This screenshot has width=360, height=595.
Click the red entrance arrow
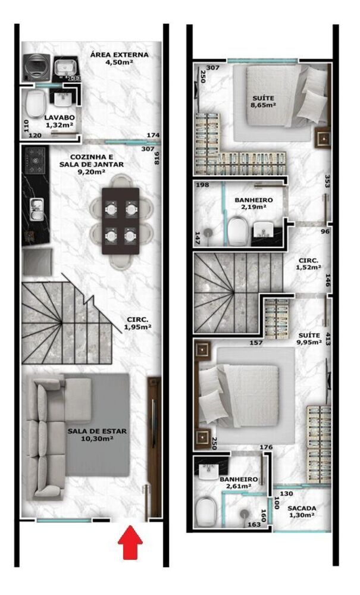click(130, 546)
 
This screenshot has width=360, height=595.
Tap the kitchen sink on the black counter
click(35, 208)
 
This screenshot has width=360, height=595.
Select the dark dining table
click(121, 221)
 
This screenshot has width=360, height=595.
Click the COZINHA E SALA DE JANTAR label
click(83, 164)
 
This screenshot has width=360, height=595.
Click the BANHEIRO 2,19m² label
click(253, 204)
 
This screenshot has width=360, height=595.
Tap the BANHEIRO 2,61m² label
click(238, 483)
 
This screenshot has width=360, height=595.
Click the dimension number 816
click(157, 158)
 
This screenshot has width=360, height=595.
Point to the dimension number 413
click(328, 340)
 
